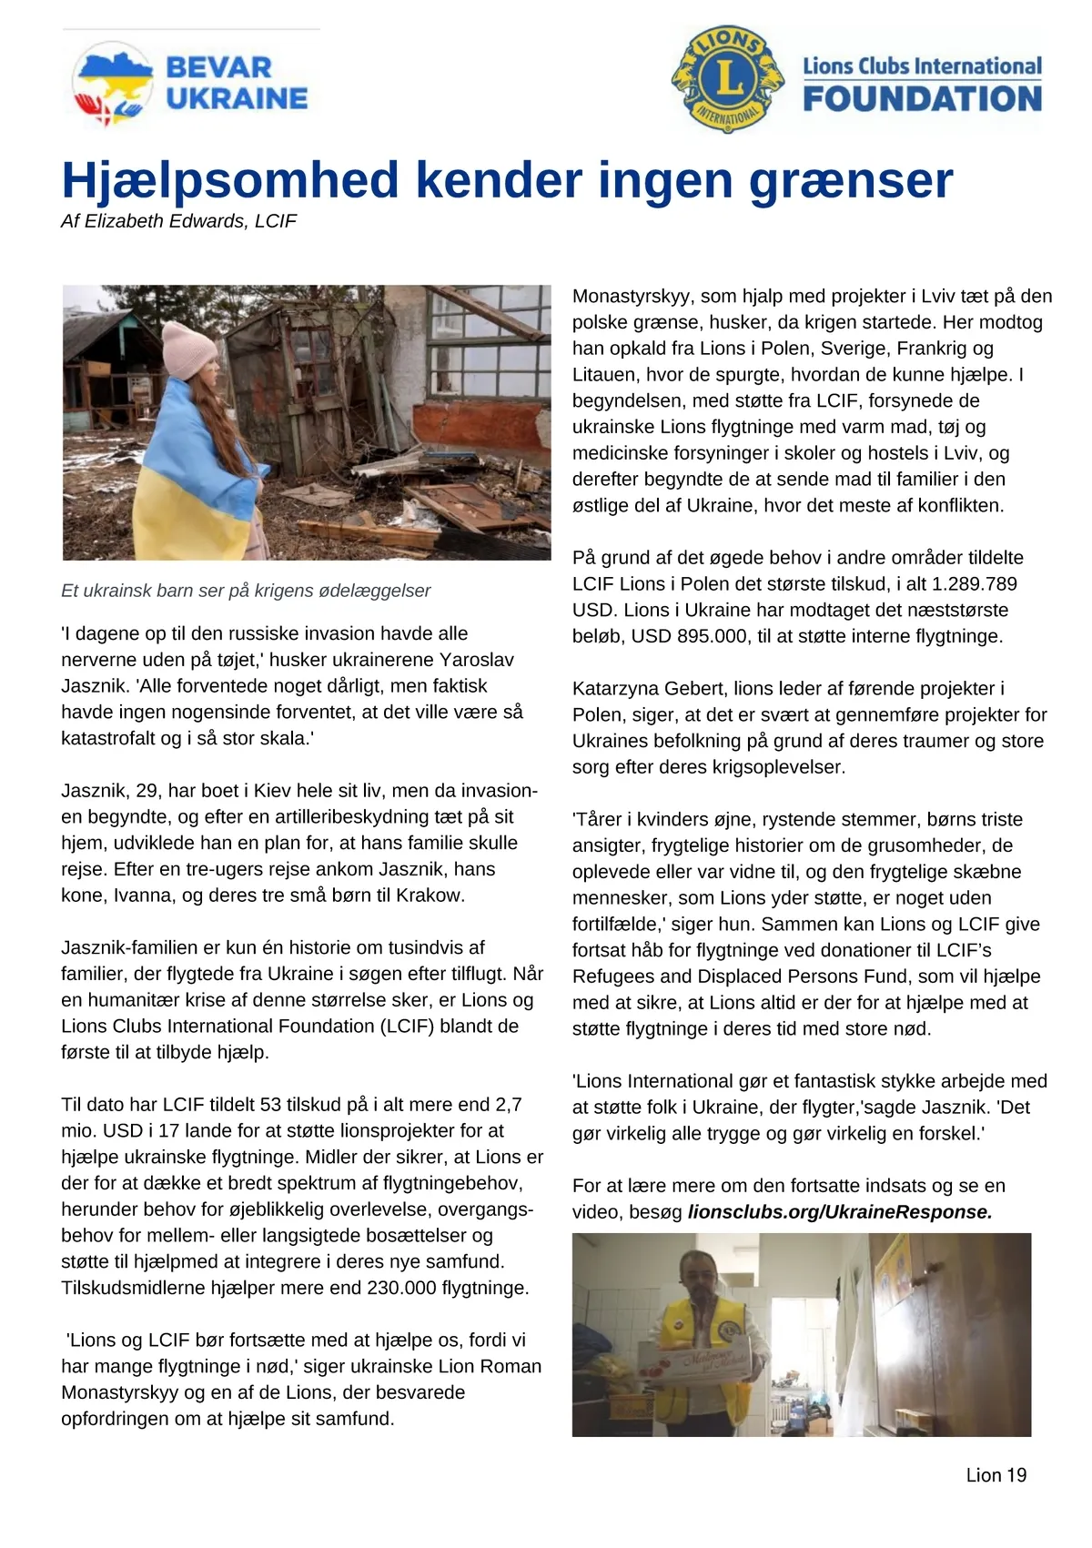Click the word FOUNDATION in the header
click(922, 99)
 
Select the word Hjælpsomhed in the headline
click(230, 180)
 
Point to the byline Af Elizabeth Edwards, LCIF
click(178, 221)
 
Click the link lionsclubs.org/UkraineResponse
click(839, 1212)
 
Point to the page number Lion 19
click(996, 1475)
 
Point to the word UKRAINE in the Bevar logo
click(237, 98)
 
